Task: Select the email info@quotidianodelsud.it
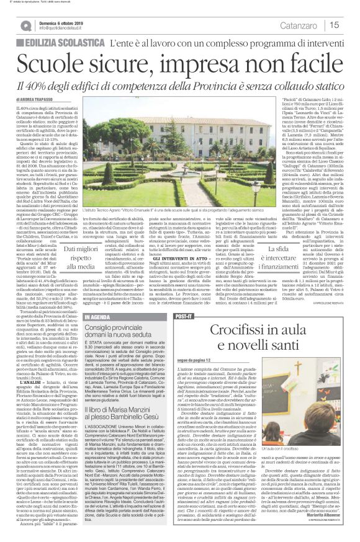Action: [65, 29]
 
